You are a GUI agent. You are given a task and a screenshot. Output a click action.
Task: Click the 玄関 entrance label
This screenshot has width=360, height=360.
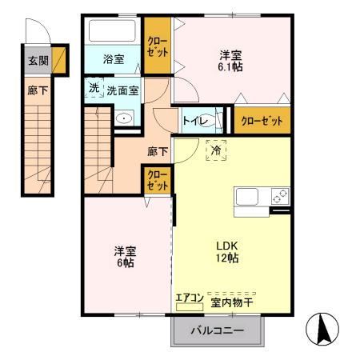point(37,59)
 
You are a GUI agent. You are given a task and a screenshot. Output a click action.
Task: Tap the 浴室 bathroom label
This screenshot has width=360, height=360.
point(113,59)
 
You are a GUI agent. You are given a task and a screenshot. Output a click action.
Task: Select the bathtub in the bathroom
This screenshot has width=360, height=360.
point(113,32)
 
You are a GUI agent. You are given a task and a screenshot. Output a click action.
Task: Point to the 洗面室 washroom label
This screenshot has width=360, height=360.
point(123,90)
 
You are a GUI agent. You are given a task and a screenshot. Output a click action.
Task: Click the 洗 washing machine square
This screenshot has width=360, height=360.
point(94,88)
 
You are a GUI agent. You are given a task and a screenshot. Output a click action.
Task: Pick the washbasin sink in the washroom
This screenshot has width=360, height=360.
point(124,118)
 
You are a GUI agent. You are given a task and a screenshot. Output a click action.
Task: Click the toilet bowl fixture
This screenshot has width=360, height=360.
point(214,120)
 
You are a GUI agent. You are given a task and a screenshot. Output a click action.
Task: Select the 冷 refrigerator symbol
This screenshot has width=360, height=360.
point(215,150)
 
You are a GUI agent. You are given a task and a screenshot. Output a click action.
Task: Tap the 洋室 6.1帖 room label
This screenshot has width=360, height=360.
point(231,61)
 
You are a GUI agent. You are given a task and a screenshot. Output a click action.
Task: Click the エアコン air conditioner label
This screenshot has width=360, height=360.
point(190,297)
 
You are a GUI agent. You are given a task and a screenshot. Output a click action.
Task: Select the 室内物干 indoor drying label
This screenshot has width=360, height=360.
point(232,302)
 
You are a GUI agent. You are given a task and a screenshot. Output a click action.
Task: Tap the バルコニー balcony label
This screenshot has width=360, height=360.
point(217,330)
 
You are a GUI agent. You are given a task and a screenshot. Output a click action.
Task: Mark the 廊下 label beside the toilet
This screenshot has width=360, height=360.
point(158,150)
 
